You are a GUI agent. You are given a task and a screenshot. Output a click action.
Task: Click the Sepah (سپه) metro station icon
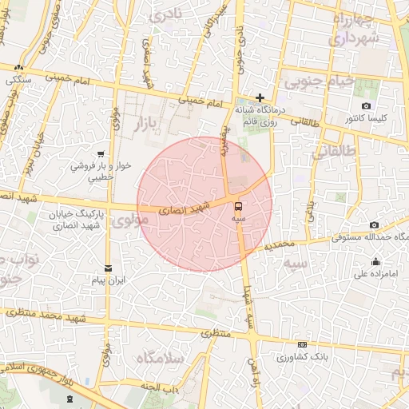(x=239, y=205)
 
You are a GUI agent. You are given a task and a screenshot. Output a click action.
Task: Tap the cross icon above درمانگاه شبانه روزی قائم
(x=260, y=97)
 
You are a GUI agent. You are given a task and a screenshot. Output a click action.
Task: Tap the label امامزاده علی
(x=375, y=274)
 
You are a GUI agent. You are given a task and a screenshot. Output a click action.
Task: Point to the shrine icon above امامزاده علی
(x=375, y=261)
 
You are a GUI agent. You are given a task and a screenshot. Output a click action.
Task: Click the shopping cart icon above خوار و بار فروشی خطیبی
(x=100, y=154)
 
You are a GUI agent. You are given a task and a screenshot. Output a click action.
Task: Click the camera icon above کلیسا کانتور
(x=366, y=106)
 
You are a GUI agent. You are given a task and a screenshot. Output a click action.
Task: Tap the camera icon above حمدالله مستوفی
(x=375, y=225)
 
